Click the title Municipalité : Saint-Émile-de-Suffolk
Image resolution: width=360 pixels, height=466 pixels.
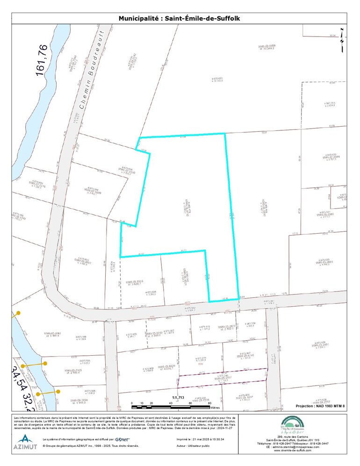click(182, 19)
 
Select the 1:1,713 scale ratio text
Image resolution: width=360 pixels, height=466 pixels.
click(179, 398)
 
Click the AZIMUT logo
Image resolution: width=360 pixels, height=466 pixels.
click(25, 442)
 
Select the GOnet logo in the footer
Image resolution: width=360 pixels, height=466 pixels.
click(122, 439)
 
